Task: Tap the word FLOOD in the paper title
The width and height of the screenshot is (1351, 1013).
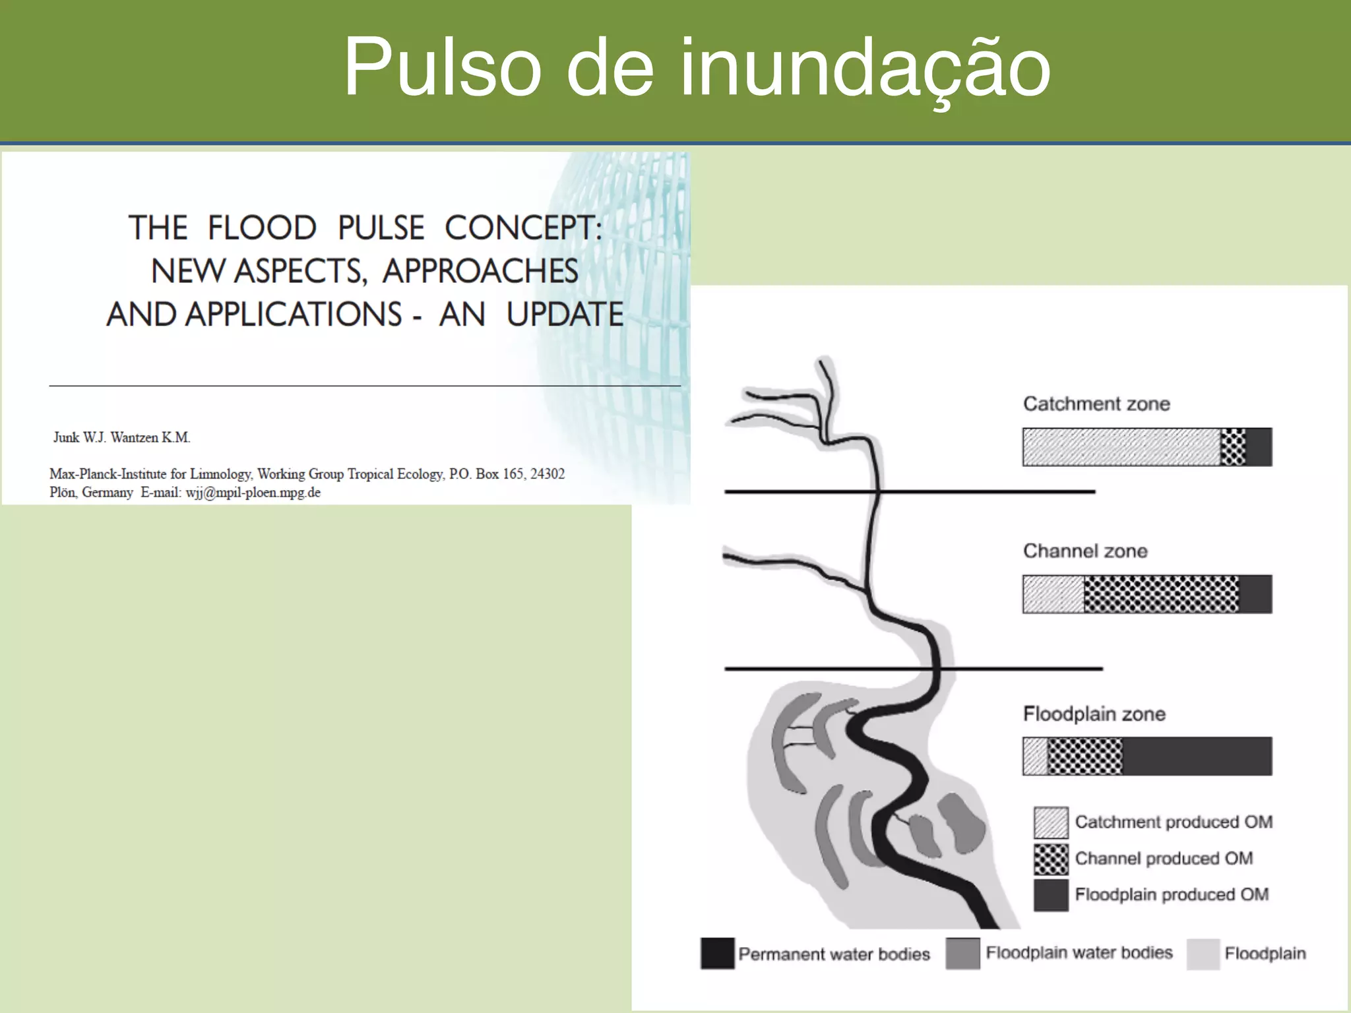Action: tap(262, 228)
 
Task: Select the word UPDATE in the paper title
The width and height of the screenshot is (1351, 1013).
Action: tap(565, 315)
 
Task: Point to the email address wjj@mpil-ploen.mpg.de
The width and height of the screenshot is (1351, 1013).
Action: tap(253, 493)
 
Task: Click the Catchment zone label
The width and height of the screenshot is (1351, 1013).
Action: tap(1096, 404)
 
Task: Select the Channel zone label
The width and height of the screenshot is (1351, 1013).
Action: tap(1085, 551)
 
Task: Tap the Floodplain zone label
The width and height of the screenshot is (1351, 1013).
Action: tap(1094, 714)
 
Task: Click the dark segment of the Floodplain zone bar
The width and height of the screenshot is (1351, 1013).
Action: tap(1197, 756)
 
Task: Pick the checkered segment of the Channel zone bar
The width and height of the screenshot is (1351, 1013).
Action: tap(1161, 594)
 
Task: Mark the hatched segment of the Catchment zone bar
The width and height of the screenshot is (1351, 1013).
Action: tap(1121, 447)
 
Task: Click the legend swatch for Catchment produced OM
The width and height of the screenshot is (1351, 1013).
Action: tap(1051, 822)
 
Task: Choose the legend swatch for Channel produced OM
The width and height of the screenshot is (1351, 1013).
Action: tap(1051, 859)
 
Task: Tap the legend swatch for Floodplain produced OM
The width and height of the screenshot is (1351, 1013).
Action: tap(1051, 895)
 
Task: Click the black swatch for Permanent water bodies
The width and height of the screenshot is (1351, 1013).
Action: tap(718, 954)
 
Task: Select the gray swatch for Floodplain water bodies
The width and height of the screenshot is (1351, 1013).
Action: tap(962, 954)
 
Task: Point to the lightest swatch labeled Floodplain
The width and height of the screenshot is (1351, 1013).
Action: tap(1203, 954)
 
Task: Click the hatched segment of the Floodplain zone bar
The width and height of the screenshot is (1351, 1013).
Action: tap(1035, 756)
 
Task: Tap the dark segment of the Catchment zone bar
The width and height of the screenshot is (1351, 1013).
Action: tap(1259, 447)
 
